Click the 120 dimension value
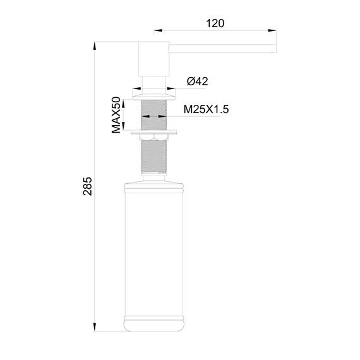point(215,23)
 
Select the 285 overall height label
point(88,187)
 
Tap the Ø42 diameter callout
point(198,81)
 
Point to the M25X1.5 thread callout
point(206,110)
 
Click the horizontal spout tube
point(221,49)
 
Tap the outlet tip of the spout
point(274,49)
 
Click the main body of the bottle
point(154,253)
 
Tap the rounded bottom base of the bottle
point(154,323)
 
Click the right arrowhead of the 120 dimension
point(272,29)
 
